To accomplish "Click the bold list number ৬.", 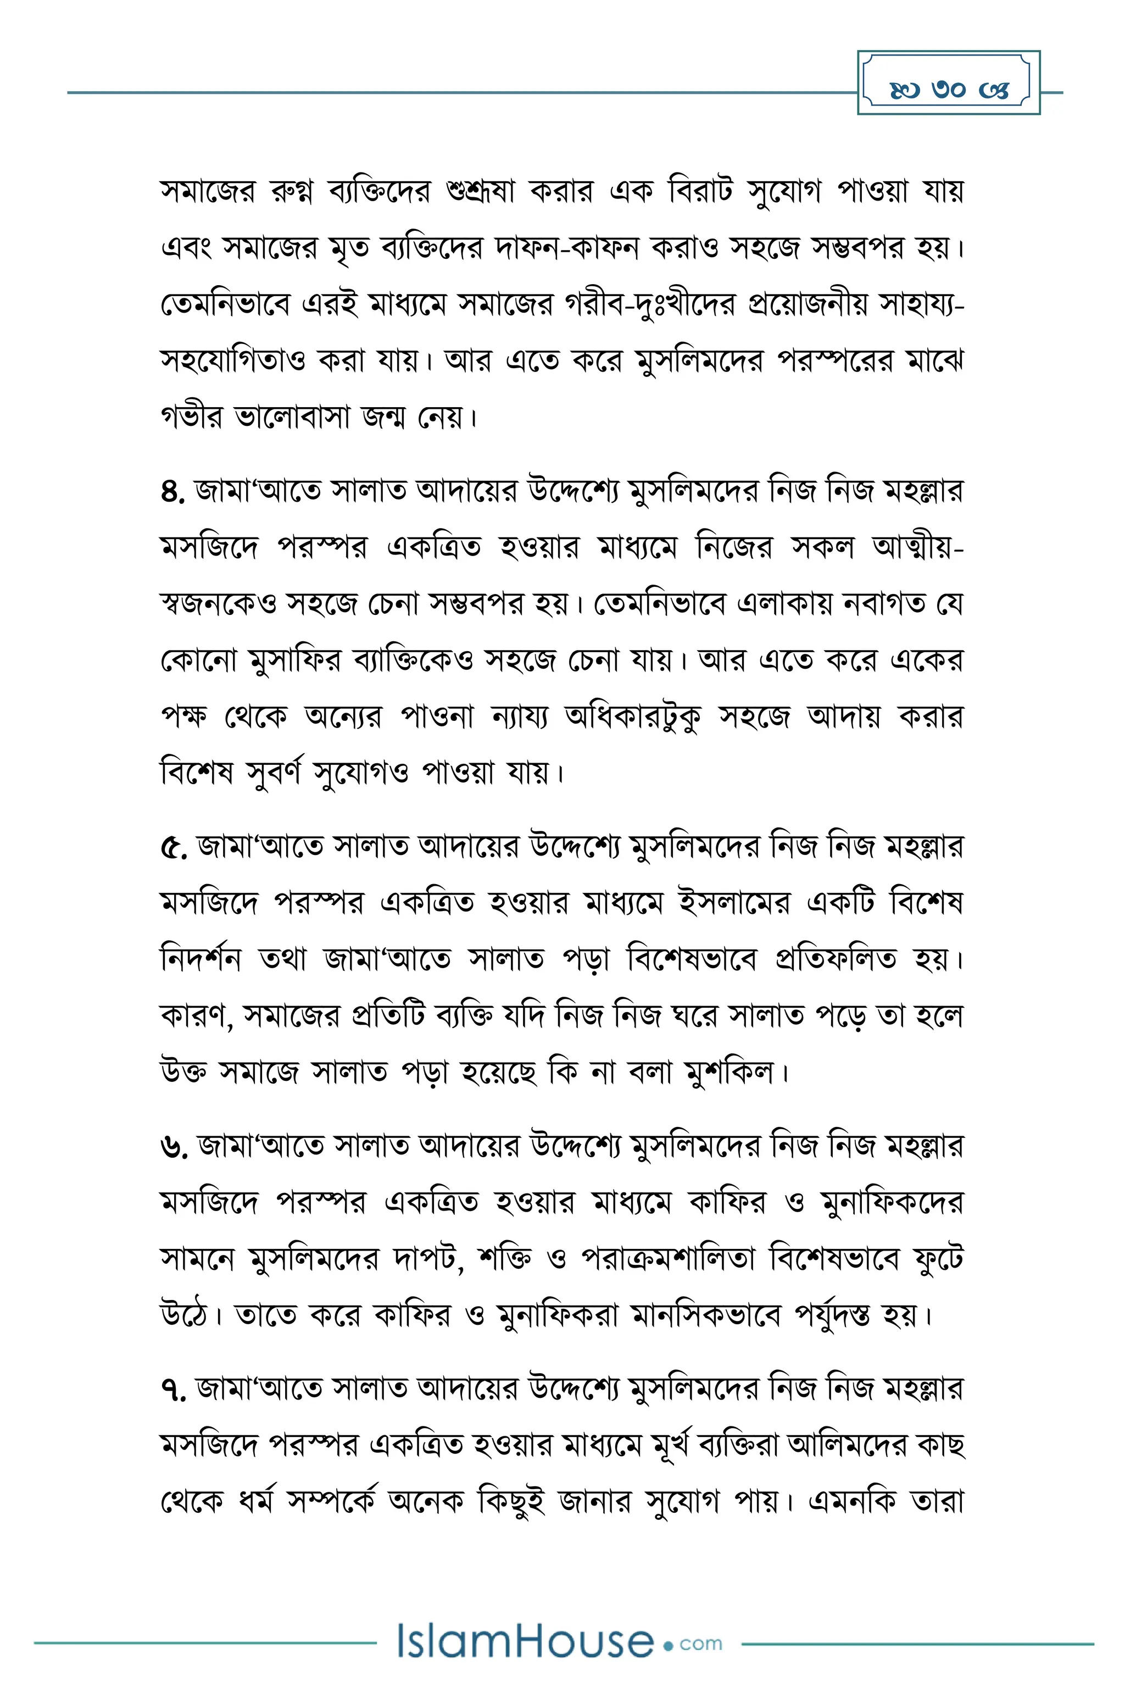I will [174, 1146].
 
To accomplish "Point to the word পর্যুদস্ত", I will [832, 1315].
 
